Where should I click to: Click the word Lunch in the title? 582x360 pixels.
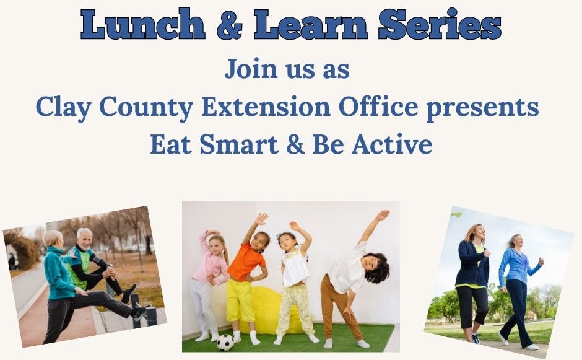coord(143,25)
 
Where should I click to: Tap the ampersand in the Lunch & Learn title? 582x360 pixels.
coord(230,25)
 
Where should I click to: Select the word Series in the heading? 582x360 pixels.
coord(440,25)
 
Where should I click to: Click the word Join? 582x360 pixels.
coord(251,69)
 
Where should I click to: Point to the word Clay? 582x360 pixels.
coord(64,107)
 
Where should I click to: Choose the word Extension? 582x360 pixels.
coord(266,107)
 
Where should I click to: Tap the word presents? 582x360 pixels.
coord(482,108)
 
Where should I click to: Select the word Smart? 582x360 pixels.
coord(239,144)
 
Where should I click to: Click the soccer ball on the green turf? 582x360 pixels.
coord(225,342)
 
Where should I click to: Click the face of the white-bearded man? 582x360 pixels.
coord(85,240)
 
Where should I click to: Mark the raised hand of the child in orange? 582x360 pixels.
coord(262,219)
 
